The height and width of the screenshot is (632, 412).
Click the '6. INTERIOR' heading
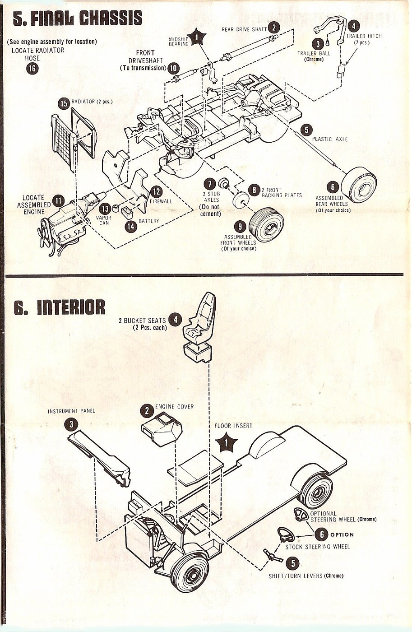click(x=59, y=307)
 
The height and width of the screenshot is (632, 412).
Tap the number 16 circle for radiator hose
click(x=32, y=68)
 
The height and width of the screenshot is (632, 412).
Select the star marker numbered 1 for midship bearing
click(x=197, y=37)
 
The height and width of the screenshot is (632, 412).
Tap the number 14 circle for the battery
click(x=131, y=226)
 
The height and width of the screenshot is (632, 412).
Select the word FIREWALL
click(x=161, y=201)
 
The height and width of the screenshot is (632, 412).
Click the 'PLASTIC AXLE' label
click(x=330, y=139)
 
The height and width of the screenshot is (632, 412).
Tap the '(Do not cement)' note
click(x=209, y=210)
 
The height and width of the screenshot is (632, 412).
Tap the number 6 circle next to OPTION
click(x=321, y=534)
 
